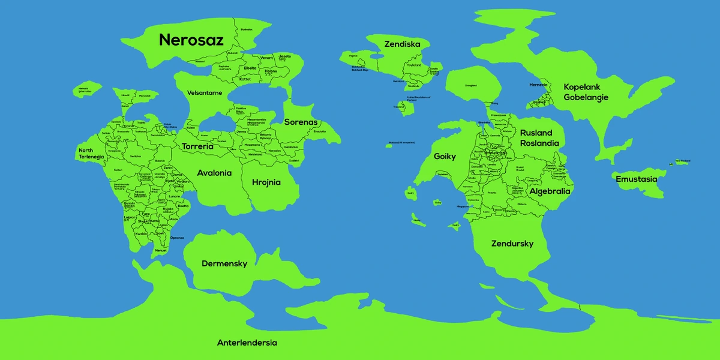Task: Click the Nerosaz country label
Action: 191,40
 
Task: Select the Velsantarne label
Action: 205,93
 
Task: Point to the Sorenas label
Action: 300,122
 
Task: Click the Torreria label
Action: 197,146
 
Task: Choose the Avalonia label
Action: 214,173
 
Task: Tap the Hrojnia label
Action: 266,182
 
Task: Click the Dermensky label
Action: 224,263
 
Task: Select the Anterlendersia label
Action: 247,343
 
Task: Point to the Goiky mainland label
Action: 445,157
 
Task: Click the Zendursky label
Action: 512,244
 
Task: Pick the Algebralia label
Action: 550,191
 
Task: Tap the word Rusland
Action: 536,133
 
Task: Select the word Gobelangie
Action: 586,97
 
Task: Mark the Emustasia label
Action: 636,179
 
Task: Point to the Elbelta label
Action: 250,68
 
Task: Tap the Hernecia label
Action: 538,85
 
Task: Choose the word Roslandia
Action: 539,143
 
